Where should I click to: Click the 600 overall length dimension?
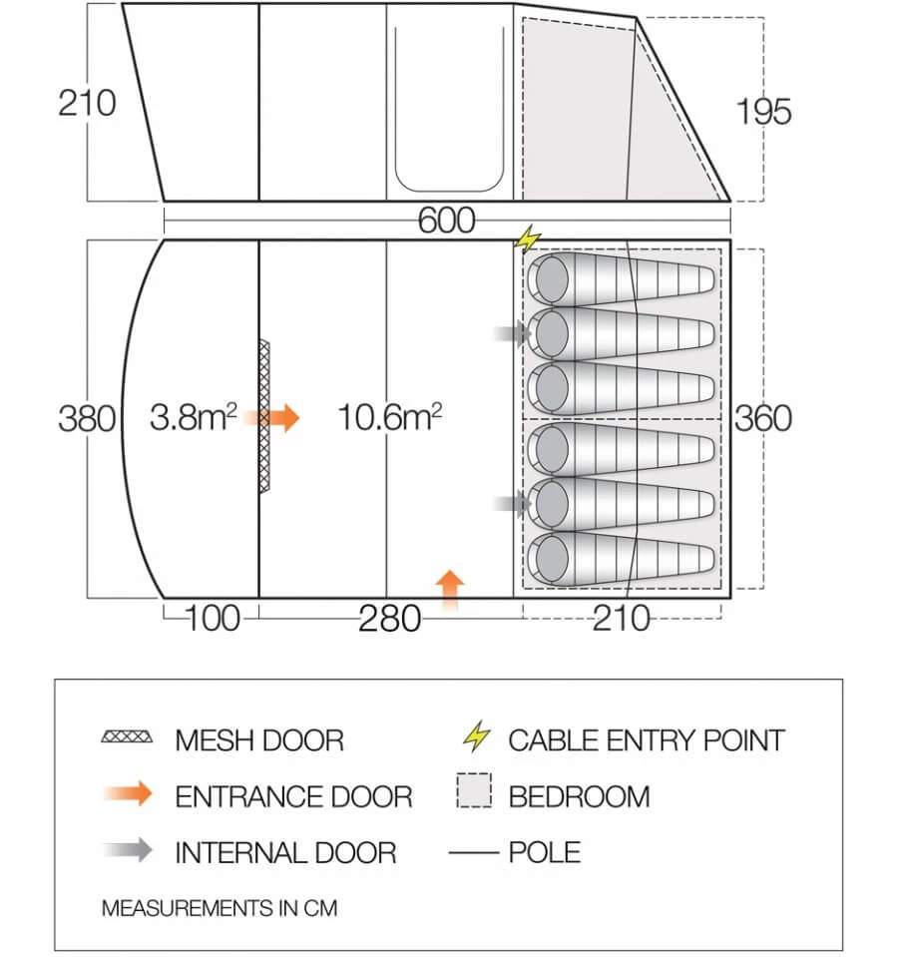tap(446, 221)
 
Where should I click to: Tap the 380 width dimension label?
tap(87, 419)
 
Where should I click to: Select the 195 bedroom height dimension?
tap(763, 112)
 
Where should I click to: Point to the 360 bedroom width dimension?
tap(763, 419)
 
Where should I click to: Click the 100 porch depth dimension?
tap(212, 619)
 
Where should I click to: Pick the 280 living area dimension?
tap(389, 619)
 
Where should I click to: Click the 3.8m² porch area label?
tap(194, 417)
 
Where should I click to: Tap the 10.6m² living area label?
tap(389, 417)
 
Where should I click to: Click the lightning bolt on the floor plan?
tap(528, 239)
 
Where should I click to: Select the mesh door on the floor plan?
tap(264, 416)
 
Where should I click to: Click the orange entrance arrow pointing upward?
tap(450, 590)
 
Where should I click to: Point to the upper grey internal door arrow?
tap(512, 334)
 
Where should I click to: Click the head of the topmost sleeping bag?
tap(552, 279)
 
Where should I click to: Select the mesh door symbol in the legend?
tap(127, 736)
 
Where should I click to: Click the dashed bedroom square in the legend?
tap(474, 790)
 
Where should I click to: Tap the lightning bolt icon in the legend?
tap(476, 736)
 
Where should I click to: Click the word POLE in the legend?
tap(544, 852)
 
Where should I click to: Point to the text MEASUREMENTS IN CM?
tap(220, 908)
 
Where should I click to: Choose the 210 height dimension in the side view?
tap(87, 103)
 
